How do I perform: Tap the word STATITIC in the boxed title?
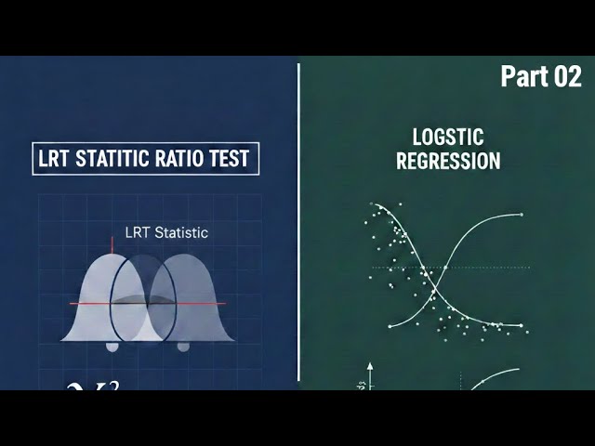117,159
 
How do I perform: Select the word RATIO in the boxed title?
187,159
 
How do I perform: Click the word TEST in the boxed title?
232,159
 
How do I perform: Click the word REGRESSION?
448,160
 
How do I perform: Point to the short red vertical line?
112,244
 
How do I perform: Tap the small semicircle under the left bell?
112,347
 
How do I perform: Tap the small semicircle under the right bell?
183,347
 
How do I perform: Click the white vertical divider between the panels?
298,223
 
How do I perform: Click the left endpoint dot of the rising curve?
390,327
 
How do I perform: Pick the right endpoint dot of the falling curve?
522,326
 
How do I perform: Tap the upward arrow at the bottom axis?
370,369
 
